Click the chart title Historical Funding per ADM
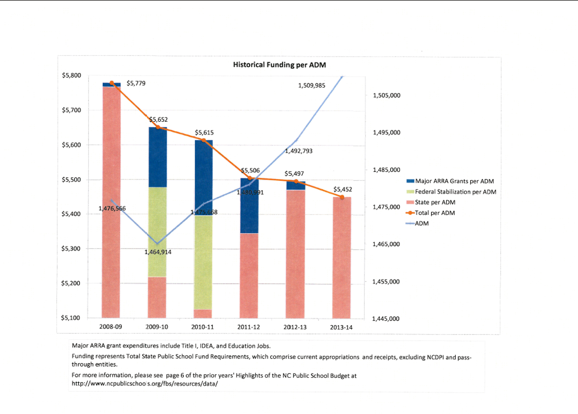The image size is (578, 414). coord(279,65)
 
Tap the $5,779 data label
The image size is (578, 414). coord(136,83)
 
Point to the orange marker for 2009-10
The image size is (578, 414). coord(158,127)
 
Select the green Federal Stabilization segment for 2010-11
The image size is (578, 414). coord(203,262)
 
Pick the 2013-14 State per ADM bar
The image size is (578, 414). coord(341,257)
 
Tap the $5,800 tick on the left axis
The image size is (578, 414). coord(71,75)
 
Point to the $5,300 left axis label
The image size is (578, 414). coord(71,248)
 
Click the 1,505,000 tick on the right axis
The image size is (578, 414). coord(386,95)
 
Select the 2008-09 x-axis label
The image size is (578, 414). coord(111,327)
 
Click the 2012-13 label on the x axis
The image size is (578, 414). coord(295,327)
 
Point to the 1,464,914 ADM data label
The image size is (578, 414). coord(158,252)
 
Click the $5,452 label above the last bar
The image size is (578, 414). coord(343,189)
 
